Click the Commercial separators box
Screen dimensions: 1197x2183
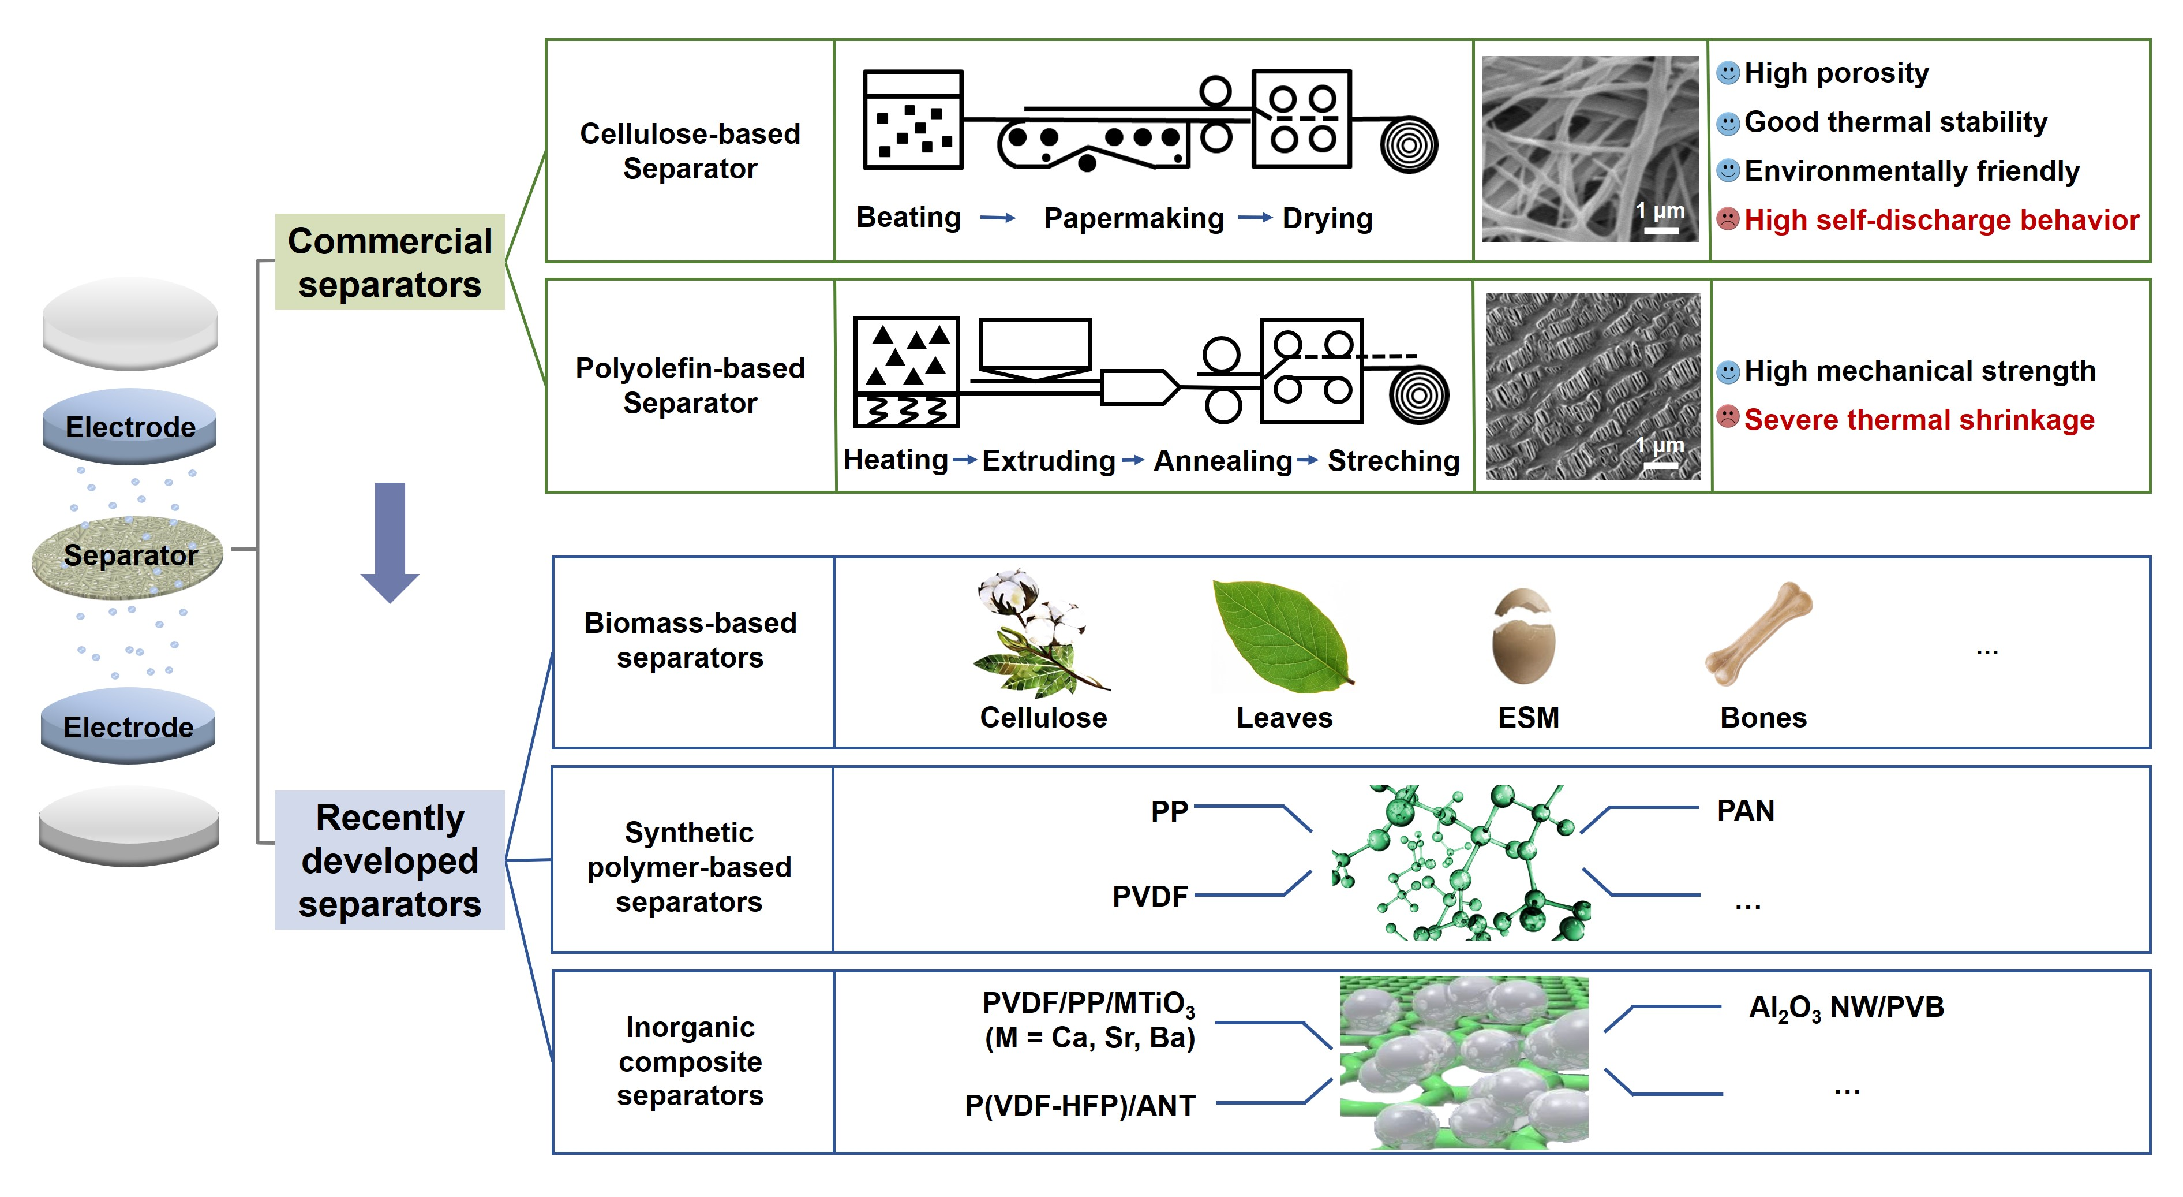390,262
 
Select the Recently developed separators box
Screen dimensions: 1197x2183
390,860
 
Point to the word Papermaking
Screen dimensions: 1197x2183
1134,219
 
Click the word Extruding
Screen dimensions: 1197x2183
1049,461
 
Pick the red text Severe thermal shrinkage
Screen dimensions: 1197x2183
1919,420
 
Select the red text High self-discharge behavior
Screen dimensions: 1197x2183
1941,221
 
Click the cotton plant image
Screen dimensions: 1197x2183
1035,632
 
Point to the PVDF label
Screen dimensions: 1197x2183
1150,896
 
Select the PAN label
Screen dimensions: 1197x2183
1745,811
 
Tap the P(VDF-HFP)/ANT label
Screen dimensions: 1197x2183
1080,1105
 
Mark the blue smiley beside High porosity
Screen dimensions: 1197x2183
1728,73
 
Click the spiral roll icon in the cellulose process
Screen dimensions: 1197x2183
1409,145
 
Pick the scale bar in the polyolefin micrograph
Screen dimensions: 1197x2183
1661,465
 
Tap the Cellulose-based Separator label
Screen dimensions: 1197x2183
690,151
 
